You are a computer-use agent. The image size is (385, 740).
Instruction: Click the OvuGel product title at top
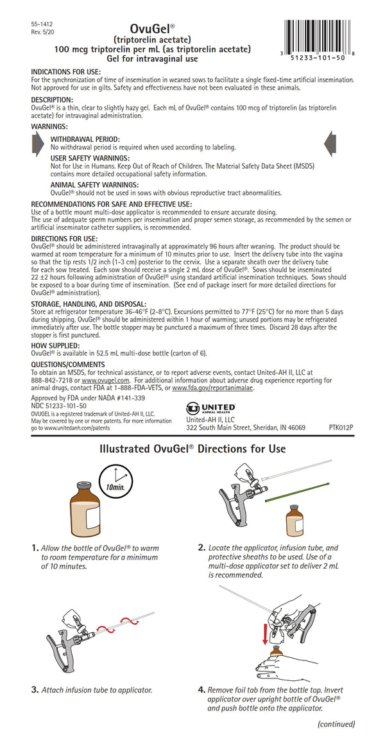[x=149, y=29]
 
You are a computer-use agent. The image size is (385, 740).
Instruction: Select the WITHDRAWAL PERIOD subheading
[x=85, y=139]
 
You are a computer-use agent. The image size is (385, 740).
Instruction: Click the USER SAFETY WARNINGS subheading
[x=90, y=158]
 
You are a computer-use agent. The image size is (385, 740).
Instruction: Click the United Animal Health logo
[x=209, y=407]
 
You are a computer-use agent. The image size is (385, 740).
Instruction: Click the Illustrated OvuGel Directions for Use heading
[x=192, y=449]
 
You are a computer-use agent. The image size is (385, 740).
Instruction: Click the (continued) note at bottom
[x=337, y=724]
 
